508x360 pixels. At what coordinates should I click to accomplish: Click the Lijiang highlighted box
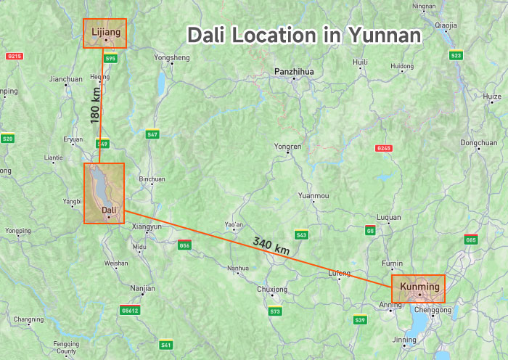click(x=105, y=33)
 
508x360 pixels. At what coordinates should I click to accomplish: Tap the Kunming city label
click(x=420, y=287)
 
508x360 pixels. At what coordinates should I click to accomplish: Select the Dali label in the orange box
click(x=109, y=210)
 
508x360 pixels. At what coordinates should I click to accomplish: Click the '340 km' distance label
click(x=271, y=245)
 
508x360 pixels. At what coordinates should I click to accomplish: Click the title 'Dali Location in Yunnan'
click(x=304, y=35)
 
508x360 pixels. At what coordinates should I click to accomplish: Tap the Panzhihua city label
click(x=293, y=71)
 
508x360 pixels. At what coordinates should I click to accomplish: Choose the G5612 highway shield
click(x=130, y=310)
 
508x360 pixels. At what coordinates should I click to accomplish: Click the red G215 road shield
click(x=14, y=56)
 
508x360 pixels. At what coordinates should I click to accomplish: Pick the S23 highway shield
click(x=456, y=55)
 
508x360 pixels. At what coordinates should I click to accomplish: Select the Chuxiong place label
click(x=273, y=289)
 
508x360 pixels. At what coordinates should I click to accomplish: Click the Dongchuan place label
click(x=478, y=143)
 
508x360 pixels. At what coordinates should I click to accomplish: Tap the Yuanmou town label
click(x=314, y=196)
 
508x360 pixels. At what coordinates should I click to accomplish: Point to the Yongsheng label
click(x=172, y=57)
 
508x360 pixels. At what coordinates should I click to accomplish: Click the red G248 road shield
click(x=384, y=148)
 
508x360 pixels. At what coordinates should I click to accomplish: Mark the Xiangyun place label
click(x=147, y=227)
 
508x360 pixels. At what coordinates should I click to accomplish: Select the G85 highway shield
click(x=471, y=240)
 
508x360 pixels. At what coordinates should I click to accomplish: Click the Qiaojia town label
click(x=446, y=25)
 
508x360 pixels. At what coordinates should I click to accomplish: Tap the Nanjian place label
click(x=142, y=288)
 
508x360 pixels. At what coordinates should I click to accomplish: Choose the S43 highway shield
click(x=301, y=235)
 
